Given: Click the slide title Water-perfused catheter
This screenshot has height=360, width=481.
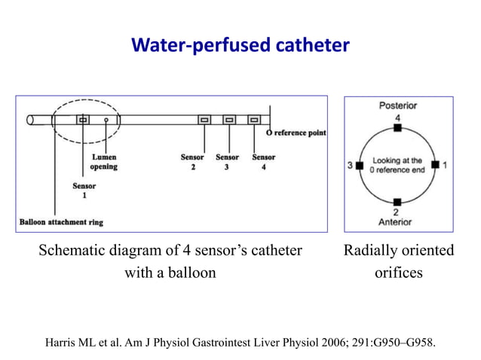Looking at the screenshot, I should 240,46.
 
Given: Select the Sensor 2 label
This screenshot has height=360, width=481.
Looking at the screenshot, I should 192,162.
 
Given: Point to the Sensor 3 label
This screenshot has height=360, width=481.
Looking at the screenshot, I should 227,162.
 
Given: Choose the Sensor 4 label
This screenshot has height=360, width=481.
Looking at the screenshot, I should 263,162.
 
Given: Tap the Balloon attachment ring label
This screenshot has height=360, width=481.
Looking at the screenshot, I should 60,222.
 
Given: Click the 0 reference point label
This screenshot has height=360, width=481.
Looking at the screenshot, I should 297,133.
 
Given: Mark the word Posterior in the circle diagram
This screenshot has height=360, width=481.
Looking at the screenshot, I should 397,106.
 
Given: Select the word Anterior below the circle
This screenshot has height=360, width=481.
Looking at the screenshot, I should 397,222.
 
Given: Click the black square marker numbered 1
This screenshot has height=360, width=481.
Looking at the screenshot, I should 435,164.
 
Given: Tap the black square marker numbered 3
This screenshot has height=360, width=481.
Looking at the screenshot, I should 360,164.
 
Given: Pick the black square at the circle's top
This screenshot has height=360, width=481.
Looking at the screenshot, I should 397,129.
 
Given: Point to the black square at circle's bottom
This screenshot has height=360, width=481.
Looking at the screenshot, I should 397,200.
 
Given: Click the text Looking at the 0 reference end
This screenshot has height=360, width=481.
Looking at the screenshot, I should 397,164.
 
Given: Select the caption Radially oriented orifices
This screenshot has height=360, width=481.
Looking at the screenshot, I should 399,261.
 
